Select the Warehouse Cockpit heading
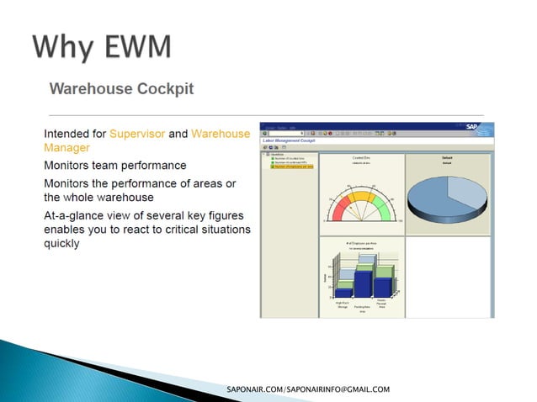click(121, 88)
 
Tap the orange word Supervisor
click(137, 133)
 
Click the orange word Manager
click(66, 147)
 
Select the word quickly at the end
click(61, 244)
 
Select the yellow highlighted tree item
click(292, 167)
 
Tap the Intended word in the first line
click(66, 133)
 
